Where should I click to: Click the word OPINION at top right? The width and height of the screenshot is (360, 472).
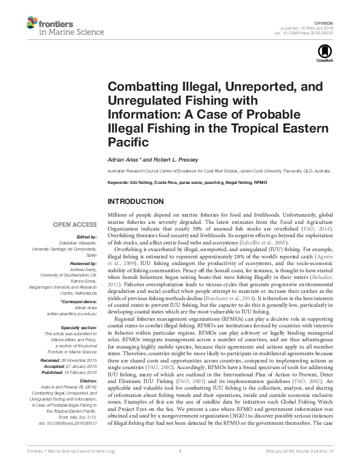(x=325, y=21)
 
